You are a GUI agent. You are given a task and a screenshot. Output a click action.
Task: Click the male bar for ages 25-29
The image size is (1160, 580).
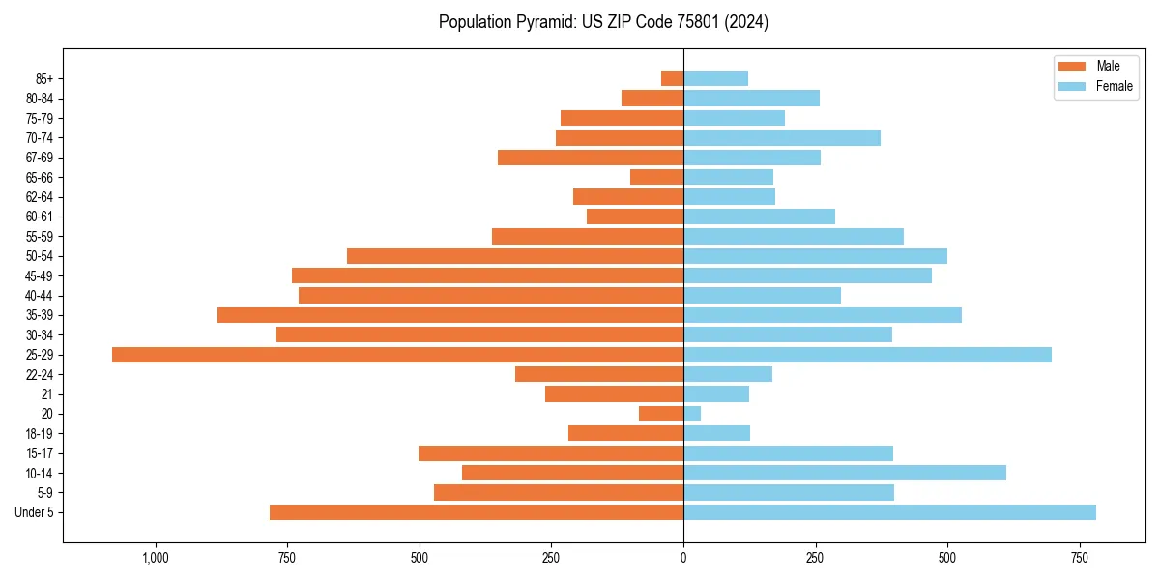tap(397, 355)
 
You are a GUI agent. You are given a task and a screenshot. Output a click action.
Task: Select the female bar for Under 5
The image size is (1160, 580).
tap(889, 512)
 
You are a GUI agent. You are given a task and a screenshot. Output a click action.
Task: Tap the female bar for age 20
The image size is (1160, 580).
tap(692, 414)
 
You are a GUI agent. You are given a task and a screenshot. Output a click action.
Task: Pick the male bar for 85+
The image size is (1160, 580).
tap(672, 78)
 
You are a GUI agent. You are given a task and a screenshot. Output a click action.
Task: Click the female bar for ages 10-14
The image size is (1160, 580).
tap(845, 473)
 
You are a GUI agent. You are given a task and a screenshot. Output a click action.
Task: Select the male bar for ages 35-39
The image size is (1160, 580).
tap(450, 315)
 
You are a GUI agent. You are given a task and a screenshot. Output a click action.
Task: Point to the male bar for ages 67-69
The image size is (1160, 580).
tap(591, 158)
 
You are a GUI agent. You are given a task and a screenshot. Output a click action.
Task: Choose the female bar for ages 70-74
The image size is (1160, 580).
tap(782, 137)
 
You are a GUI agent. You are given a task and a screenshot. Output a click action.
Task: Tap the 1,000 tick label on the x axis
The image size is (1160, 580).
tap(156, 558)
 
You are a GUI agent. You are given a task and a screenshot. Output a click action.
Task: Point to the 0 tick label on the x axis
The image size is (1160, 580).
tap(683, 558)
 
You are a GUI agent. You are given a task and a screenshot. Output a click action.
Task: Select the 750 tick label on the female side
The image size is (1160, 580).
tap(1079, 558)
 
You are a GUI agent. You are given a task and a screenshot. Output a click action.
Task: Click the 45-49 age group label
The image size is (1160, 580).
tap(39, 275)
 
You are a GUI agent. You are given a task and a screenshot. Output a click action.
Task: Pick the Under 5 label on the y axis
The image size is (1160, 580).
tap(34, 512)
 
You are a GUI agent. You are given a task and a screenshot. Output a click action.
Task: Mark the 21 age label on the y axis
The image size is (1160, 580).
tap(47, 394)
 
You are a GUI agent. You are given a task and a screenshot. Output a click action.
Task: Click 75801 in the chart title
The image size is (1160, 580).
tap(693, 22)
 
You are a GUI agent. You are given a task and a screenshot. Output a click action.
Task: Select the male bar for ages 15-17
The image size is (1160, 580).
tap(551, 453)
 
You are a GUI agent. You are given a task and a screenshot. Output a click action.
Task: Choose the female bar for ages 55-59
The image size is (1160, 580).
tap(794, 236)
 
